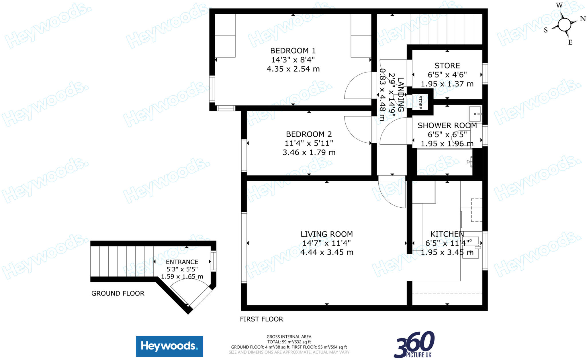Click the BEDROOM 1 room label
[293, 51]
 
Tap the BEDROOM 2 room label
[309, 134]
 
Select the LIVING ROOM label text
[326, 234]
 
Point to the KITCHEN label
[447, 234]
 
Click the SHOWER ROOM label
[447, 125]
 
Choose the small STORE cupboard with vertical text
[420, 102]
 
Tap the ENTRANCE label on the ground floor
[182, 262]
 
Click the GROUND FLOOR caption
[118, 293]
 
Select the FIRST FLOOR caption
[261, 319]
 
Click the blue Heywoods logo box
[169, 346]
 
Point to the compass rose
[564, 24]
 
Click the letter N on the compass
[583, 19]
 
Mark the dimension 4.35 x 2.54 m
[293, 69]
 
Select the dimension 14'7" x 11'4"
[326, 243]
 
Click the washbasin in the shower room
[475, 114]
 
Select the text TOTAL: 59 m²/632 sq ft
[289, 342]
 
